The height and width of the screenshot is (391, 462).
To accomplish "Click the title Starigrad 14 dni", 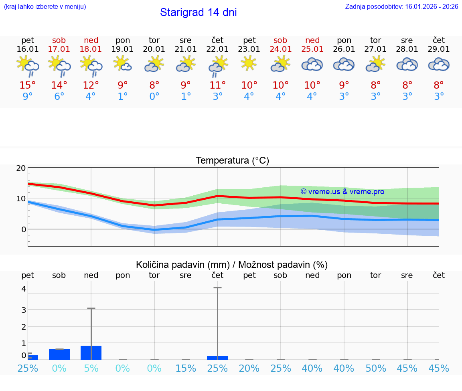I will pos(198,12).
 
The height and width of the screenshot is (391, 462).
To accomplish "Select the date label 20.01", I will pos(154,49).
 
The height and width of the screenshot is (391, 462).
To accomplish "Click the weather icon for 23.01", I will pos(249,63).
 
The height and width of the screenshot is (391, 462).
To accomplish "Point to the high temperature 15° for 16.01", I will pos(28,85).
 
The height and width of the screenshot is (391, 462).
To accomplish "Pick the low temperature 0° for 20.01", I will pos(154,97).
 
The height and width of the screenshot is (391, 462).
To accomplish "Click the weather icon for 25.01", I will pos(312,65).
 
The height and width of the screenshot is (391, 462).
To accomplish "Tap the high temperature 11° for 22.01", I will pos(217,85).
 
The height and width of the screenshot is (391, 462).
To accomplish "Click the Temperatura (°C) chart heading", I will pos(232,161).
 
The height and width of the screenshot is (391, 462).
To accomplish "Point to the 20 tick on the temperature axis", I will pos(21,168).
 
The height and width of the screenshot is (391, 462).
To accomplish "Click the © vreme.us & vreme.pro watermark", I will pos(342,192).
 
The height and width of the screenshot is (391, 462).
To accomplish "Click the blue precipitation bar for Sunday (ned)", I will pos(91,353).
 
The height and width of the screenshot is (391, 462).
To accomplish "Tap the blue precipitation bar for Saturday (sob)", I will pos(59,355).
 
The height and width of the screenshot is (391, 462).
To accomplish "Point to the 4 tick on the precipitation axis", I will pos(24,289).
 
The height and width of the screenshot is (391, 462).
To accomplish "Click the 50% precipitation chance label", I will pos(375,368).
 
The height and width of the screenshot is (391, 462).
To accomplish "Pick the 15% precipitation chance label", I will pos(186,368).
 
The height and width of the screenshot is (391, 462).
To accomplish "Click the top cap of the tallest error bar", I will pos(217,288).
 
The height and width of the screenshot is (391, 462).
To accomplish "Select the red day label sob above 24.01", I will pos(280,40).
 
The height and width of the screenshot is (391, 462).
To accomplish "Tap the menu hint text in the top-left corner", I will pos(45,6).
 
